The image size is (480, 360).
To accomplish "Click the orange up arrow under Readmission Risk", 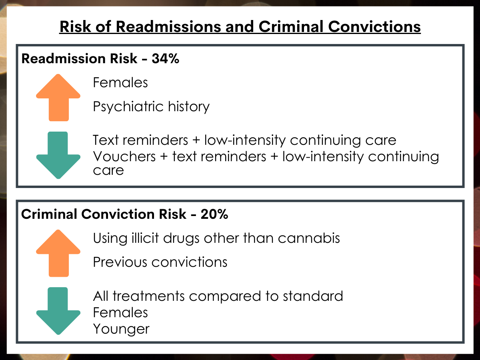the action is point(58,98).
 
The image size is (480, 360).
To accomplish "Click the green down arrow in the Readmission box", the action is point(58,155).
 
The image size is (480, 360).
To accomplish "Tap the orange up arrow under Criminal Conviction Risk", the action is point(58,253).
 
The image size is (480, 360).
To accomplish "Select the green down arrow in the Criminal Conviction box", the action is point(58,311).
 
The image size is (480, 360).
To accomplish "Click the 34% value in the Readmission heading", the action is point(166,58).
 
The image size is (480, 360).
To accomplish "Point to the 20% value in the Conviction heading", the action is point(214,214).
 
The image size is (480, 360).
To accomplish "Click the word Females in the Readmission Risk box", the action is point(120,82).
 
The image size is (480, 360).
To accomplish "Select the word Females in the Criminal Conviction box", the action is point(120,312).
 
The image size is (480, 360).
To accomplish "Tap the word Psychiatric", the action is point(128,107).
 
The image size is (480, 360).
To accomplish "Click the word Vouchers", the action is point(124,156).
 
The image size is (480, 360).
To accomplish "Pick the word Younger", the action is point(121,329).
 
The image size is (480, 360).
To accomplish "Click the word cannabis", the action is point(309,238).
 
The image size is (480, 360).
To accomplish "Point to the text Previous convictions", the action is point(160,262).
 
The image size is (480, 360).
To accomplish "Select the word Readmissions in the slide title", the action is point(168,27).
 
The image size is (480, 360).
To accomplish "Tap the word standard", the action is point(313,296).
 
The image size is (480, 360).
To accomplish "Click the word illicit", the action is point(145,238).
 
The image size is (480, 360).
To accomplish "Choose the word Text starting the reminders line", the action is point(106,140).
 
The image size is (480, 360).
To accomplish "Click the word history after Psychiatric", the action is point(189,107).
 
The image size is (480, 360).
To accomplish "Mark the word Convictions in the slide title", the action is point(374,27).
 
